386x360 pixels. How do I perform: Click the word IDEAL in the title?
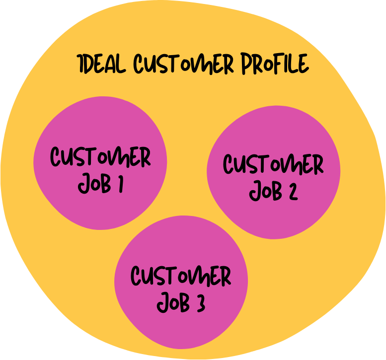pos(102,64)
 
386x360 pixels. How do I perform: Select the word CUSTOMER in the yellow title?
pos(183,65)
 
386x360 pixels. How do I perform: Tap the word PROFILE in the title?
pos(275,65)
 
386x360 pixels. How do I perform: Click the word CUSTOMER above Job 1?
pos(100,158)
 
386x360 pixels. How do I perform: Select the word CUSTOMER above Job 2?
pos(273,165)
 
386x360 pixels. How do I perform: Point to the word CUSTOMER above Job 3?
pos(181,277)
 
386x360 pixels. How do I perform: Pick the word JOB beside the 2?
pos(265,191)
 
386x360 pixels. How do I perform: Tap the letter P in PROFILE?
pos(246,65)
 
